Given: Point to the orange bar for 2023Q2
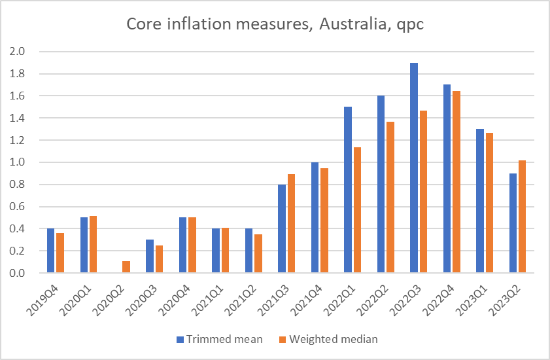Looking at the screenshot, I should [x=522, y=217].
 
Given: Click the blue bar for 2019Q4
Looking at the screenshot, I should [x=50, y=251].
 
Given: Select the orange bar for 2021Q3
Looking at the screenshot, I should [x=291, y=223].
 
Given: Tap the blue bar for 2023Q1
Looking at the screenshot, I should [x=479, y=201].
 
